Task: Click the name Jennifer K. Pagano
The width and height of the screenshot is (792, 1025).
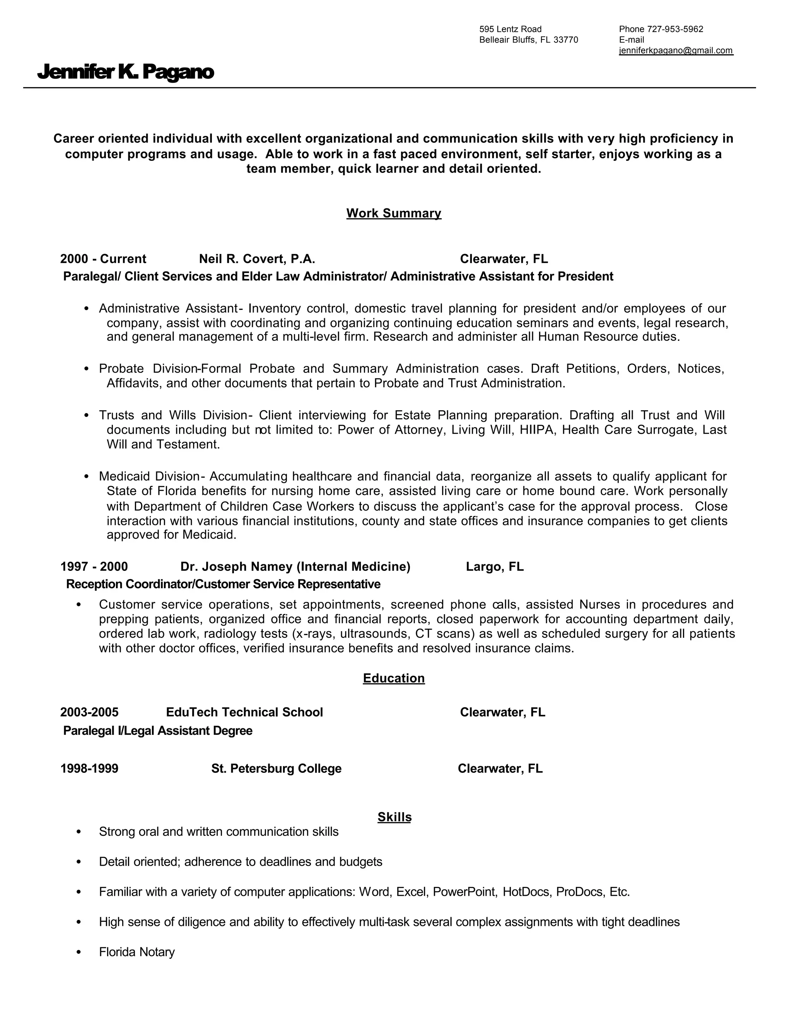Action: tap(125, 72)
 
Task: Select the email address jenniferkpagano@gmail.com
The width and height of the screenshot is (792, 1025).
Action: tap(676, 51)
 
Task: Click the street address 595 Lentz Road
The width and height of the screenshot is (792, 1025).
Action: tap(510, 29)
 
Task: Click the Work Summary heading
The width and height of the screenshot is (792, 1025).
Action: tap(394, 213)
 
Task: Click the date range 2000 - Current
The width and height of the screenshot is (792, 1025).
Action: tap(103, 259)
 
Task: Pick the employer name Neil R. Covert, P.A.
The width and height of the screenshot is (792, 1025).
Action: tap(257, 259)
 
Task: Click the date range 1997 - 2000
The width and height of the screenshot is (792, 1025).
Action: tap(94, 567)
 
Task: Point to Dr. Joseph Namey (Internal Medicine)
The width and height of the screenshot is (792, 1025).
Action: tap(295, 567)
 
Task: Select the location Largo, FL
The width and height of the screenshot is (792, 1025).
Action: tap(495, 567)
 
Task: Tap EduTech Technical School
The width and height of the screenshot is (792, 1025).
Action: tap(244, 712)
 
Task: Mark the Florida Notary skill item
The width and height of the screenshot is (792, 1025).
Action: tap(137, 952)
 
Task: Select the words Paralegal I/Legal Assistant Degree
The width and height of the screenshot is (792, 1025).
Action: tap(158, 731)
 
